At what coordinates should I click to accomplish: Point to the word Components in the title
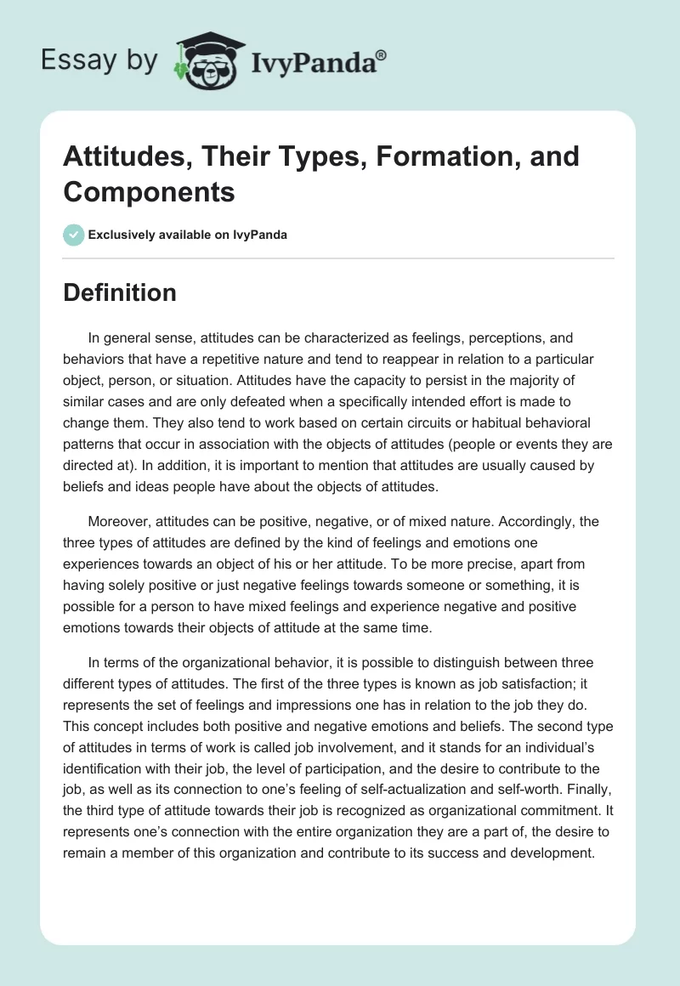[149, 192]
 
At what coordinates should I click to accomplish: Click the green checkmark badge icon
[74, 235]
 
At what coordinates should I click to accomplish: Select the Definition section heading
[120, 292]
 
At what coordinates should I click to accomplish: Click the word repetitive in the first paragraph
[264, 359]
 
